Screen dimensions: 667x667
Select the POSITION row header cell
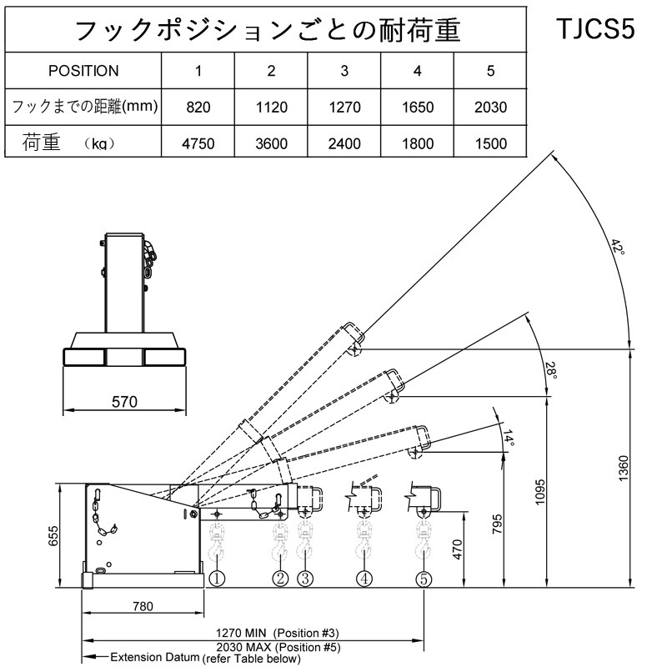click(x=83, y=71)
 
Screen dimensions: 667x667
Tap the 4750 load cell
click(x=198, y=143)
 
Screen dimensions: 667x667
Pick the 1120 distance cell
click(x=271, y=108)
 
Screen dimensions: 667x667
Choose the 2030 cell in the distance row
click(x=490, y=108)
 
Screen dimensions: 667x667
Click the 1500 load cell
click(x=490, y=143)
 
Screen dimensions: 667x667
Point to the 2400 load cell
click(x=344, y=143)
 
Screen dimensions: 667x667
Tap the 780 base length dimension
click(x=143, y=607)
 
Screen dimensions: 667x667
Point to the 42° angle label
click(x=617, y=247)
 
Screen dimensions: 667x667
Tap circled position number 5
click(x=424, y=577)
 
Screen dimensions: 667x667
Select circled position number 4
click(x=364, y=577)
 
